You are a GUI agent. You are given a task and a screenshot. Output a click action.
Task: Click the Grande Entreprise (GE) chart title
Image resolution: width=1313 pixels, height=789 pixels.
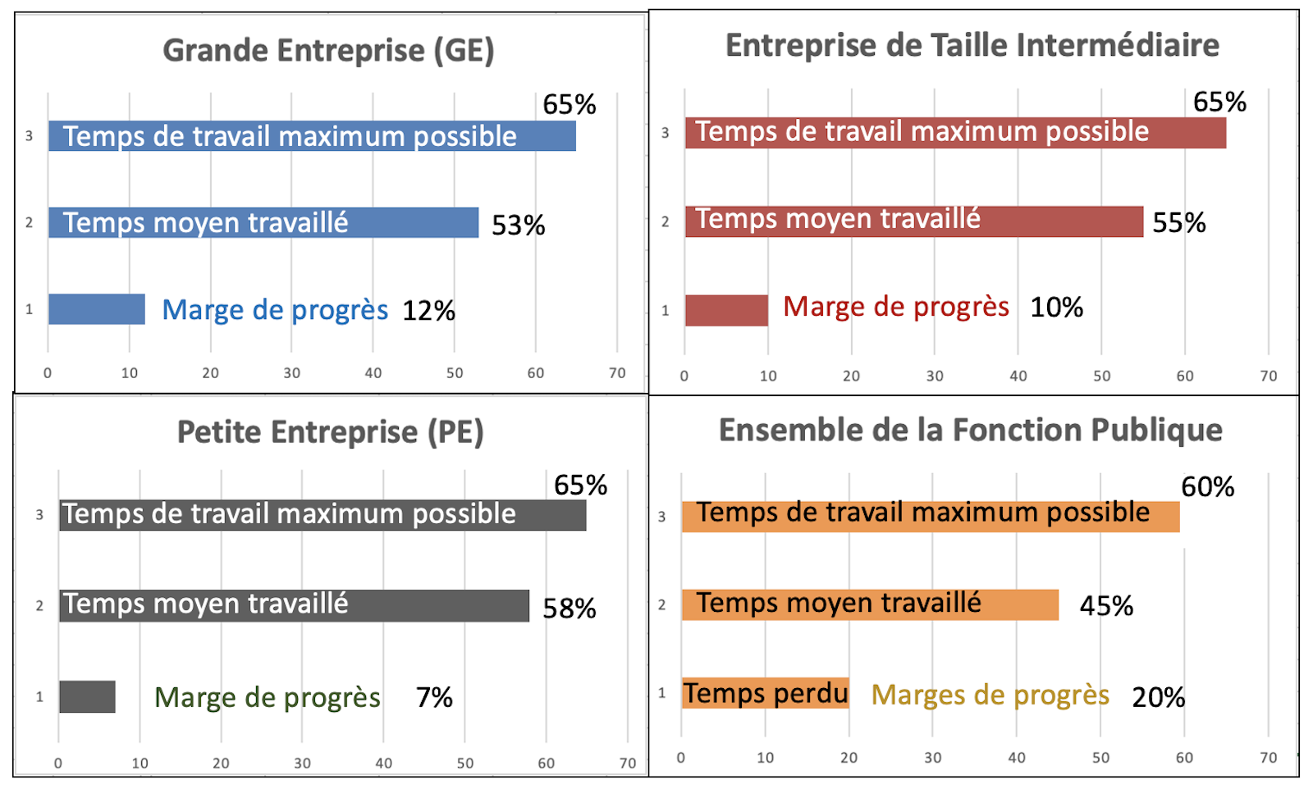click(x=328, y=51)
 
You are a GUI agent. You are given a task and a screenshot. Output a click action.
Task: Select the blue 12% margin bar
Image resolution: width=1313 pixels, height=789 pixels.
click(x=96, y=309)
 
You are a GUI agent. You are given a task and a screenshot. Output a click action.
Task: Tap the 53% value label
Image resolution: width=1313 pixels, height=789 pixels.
click(x=518, y=225)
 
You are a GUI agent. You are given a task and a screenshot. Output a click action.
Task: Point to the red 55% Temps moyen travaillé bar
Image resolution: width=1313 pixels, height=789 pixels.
click(x=913, y=221)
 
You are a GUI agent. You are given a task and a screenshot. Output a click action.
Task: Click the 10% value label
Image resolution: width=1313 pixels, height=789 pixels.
click(x=1056, y=308)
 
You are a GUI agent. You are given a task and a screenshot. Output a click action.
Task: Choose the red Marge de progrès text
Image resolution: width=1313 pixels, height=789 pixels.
click(x=895, y=307)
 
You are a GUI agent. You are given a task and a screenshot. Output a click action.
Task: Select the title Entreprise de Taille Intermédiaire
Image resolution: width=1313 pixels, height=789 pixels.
click(x=972, y=46)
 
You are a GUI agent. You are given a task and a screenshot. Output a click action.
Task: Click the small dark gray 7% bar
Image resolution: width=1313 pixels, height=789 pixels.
click(x=87, y=696)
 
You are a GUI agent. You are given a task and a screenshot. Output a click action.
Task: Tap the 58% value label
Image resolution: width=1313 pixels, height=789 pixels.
click(x=569, y=609)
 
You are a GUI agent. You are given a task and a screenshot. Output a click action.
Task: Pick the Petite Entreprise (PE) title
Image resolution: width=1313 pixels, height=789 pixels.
click(x=330, y=432)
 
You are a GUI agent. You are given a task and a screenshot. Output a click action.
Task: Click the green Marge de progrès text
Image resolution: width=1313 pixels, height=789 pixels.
click(x=267, y=697)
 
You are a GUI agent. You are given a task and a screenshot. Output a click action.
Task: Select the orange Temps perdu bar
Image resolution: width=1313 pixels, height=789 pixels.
click(x=765, y=694)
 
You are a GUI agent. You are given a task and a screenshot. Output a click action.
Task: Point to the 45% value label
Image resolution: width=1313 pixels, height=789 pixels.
click(x=1105, y=606)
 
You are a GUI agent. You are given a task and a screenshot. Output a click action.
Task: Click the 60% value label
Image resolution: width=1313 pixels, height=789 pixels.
click(x=1207, y=487)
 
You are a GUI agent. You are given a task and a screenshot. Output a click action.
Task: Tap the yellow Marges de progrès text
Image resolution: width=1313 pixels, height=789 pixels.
click(x=990, y=696)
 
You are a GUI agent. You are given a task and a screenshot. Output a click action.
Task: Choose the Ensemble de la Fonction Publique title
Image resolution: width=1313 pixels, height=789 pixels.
click(x=970, y=431)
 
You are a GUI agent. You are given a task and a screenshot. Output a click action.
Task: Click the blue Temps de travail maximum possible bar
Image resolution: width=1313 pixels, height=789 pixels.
click(x=312, y=136)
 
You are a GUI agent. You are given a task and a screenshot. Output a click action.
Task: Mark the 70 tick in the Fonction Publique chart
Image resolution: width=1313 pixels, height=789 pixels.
click(x=1268, y=758)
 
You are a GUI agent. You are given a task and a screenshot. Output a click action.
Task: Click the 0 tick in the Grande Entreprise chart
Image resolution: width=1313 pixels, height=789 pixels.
click(x=48, y=373)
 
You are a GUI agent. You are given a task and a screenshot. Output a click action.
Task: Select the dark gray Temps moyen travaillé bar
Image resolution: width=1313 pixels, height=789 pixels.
click(x=294, y=605)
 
